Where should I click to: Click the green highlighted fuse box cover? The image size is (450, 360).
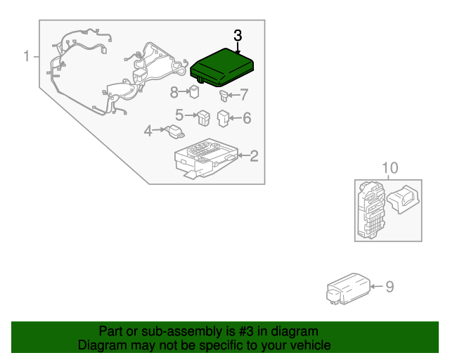222,67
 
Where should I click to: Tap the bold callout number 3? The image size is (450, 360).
238,36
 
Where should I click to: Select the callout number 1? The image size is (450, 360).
27,56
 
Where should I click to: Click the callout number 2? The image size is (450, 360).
254,156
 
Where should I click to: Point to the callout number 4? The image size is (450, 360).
148,131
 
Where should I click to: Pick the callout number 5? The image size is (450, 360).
179,115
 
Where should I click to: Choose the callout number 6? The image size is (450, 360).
247,118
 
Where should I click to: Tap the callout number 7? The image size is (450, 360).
244,94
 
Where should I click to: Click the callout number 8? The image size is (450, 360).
174,92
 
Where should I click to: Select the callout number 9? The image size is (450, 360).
390,286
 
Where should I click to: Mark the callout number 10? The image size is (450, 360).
390,167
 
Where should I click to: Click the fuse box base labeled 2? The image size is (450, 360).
207,158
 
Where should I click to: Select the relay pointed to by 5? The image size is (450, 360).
204,117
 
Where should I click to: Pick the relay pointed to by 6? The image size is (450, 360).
223,118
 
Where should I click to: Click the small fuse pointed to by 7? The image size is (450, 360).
224,96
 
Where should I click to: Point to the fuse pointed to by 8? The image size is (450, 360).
194,92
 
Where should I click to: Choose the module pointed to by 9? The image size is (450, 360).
348,289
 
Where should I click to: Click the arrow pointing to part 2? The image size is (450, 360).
244,155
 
